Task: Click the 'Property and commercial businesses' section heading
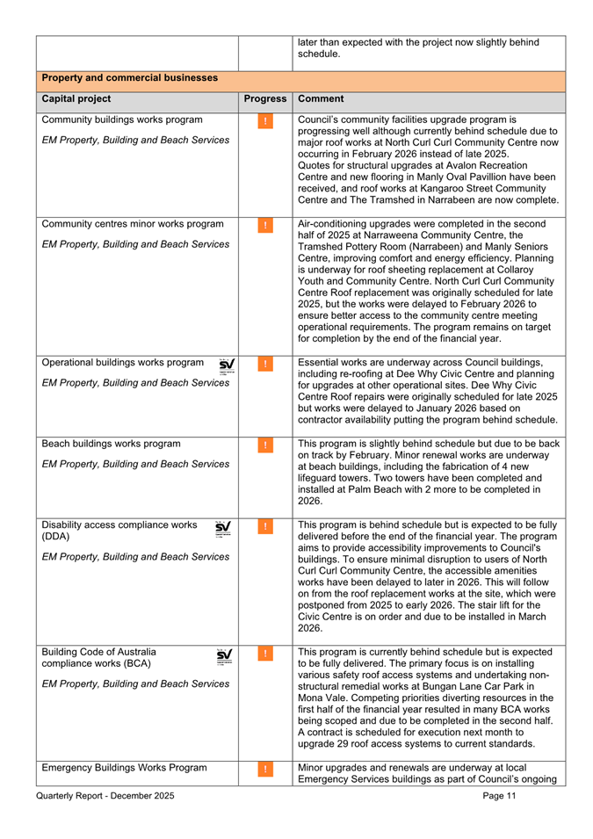[x=129, y=78]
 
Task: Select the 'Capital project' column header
[x=76, y=99]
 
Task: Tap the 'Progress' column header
[x=265, y=99]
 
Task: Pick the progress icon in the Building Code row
[x=265, y=655]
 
